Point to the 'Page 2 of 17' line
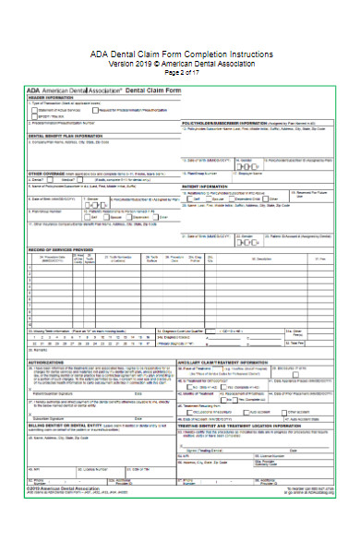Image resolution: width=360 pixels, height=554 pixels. click(x=180, y=72)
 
